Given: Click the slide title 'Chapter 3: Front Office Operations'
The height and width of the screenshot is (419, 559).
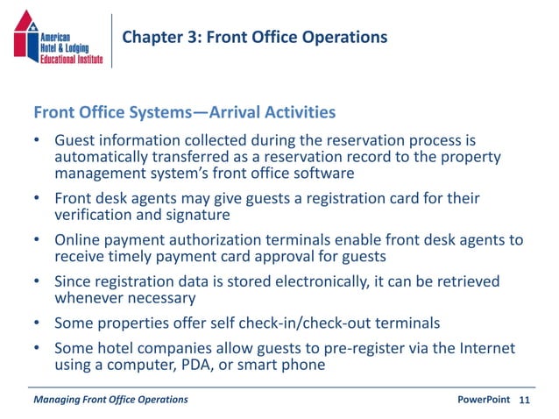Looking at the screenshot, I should [254, 37].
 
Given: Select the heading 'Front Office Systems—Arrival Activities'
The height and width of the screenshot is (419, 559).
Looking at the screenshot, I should [184, 112].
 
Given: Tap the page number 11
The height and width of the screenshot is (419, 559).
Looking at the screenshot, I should [525, 400].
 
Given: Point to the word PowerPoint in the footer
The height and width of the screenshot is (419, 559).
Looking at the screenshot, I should [484, 400].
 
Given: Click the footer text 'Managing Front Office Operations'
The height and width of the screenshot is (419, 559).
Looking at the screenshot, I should [110, 400].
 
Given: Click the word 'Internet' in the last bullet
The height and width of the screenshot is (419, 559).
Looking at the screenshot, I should [485, 348].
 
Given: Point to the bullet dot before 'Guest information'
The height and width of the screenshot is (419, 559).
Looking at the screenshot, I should [37, 141].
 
